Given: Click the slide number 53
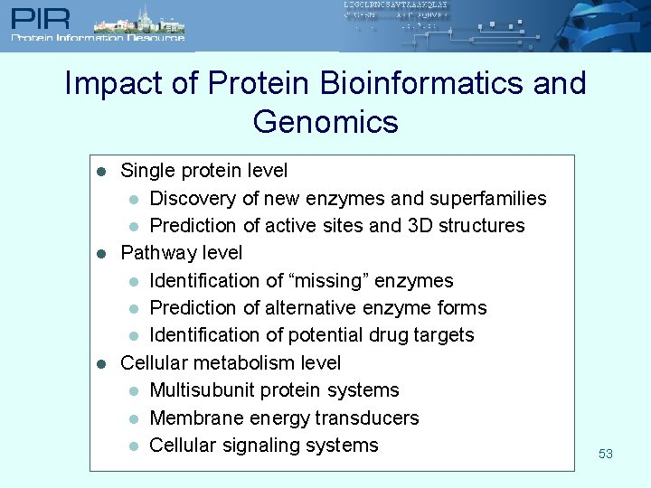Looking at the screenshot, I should tap(606, 454).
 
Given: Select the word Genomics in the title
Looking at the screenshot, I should tap(325, 121).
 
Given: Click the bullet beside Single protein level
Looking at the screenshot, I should tap(102, 171).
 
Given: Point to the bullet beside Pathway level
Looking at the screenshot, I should tap(102, 253).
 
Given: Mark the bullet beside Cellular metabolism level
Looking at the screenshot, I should tap(102, 363).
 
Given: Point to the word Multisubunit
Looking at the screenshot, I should tap(201, 390).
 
